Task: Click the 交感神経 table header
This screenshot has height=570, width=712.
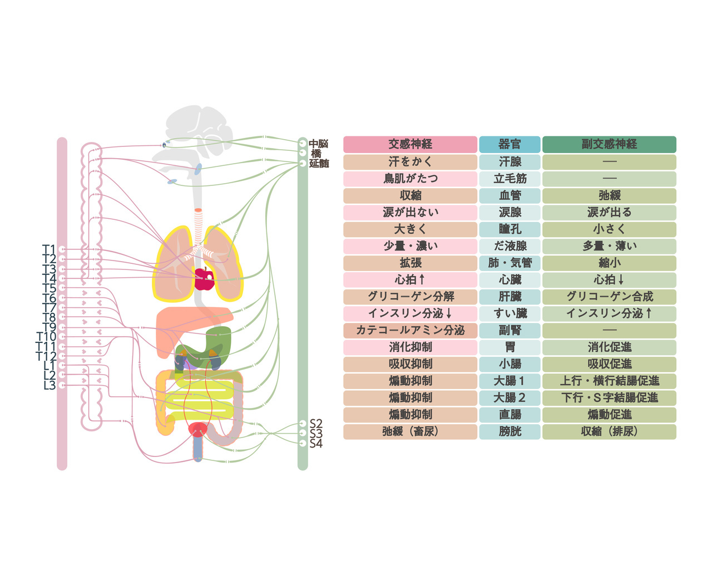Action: [410, 144]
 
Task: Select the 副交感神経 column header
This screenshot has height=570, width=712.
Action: [609, 144]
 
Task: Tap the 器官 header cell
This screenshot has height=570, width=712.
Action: [510, 144]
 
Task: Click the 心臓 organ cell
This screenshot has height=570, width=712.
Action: [510, 279]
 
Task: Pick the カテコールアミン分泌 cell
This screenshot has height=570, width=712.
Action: [410, 330]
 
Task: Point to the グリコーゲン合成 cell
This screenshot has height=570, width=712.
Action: [609, 297]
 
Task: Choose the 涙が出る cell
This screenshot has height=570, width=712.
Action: [609, 212]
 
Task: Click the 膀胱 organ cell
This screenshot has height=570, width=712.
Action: [510, 431]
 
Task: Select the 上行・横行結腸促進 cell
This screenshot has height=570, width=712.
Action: [609, 381]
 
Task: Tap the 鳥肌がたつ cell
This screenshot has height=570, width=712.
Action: [410, 179]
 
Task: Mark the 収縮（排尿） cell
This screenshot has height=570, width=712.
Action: [609, 431]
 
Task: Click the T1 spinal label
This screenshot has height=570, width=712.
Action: [49, 249]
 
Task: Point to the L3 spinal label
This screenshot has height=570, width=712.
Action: [49, 385]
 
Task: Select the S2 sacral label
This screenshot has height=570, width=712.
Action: [316, 424]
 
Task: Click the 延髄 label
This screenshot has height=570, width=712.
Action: [319, 164]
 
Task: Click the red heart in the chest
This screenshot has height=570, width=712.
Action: [205, 279]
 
